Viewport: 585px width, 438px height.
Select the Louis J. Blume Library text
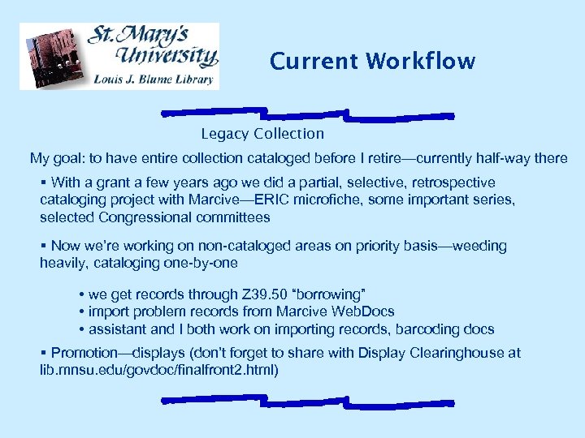pos(154,79)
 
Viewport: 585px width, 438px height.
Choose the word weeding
pos(479,246)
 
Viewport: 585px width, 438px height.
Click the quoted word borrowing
pos(330,294)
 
